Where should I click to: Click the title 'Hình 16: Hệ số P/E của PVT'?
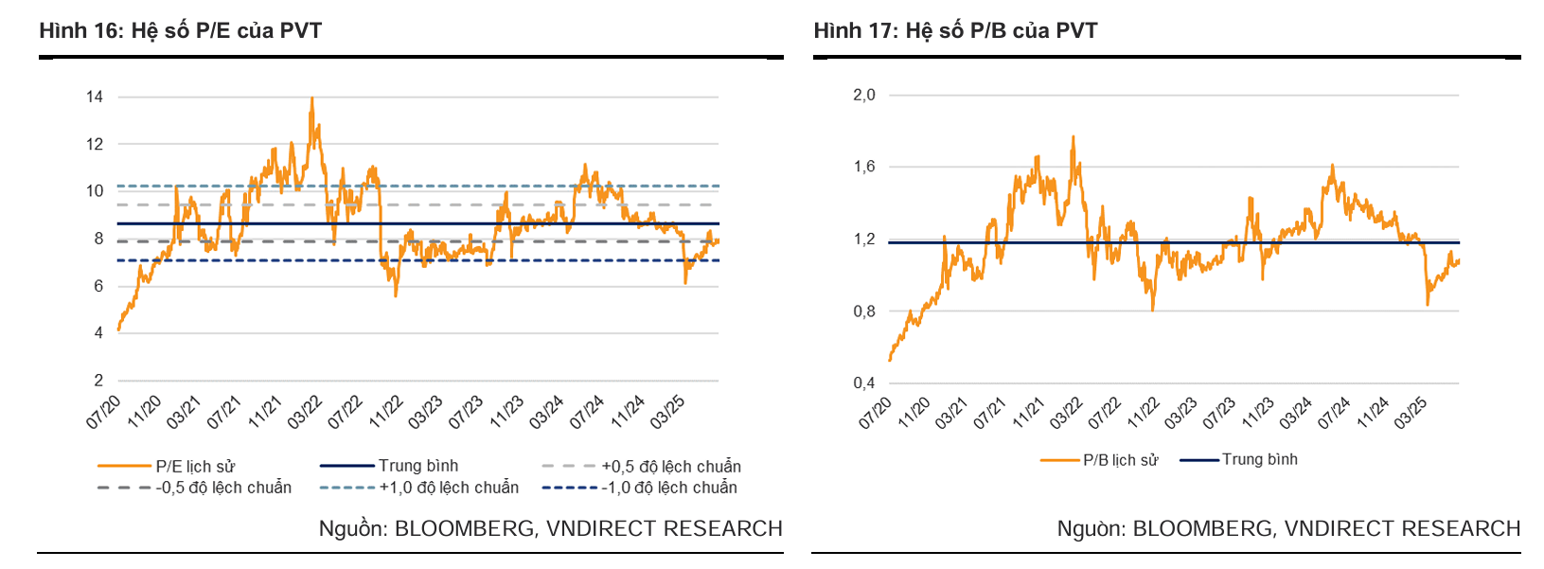click(x=180, y=30)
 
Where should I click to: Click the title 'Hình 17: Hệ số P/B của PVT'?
click(x=955, y=30)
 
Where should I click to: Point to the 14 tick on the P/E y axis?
click(x=95, y=97)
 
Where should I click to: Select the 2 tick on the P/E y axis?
click(x=98, y=381)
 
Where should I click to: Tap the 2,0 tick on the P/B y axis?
click(x=864, y=95)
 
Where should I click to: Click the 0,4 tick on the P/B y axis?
click(x=864, y=383)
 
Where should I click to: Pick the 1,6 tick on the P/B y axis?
click(x=864, y=167)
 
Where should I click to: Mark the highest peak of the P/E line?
click(x=312, y=98)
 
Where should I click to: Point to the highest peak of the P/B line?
click(x=1073, y=136)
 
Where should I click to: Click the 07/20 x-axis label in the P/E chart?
click(x=103, y=413)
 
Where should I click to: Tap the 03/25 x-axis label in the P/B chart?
click(x=1410, y=413)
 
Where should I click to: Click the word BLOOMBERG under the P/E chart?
click(x=464, y=528)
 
